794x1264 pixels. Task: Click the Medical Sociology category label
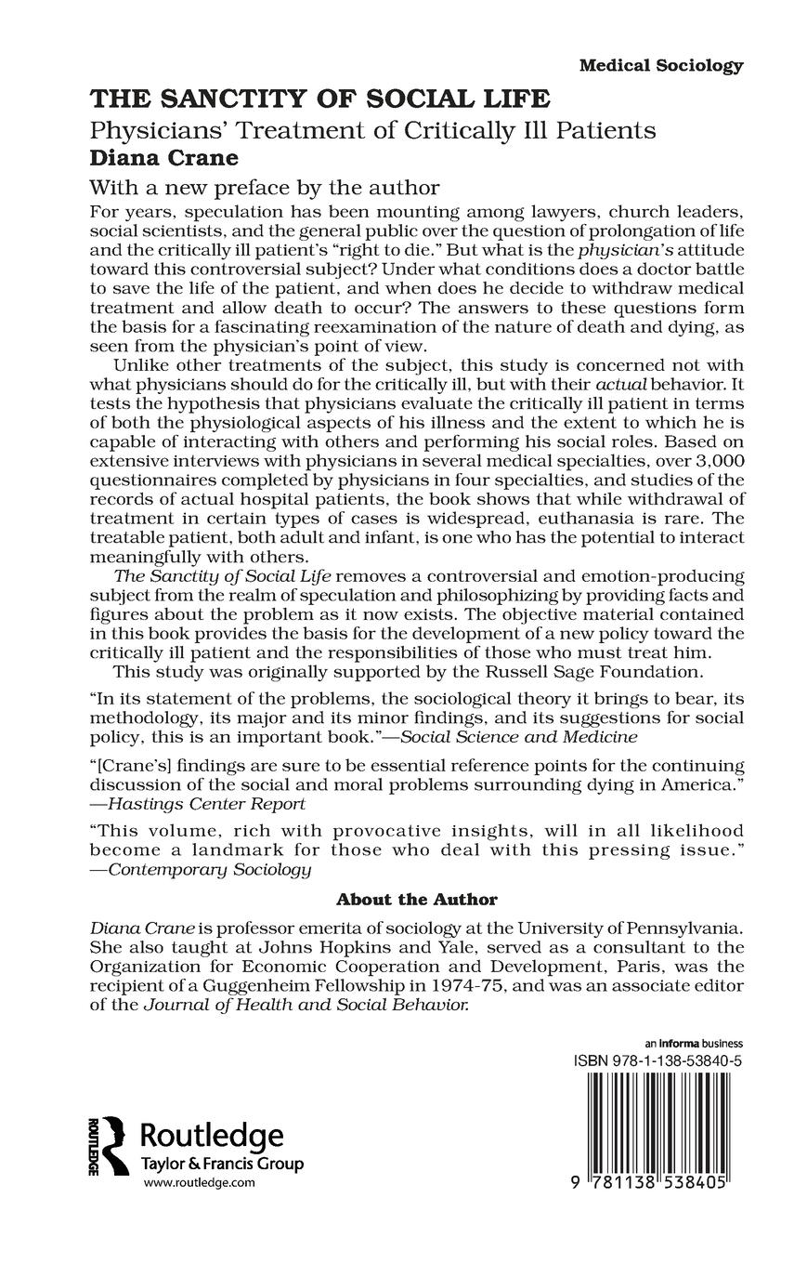pyautogui.click(x=660, y=66)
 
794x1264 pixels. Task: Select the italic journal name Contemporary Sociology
pyautogui.click(x=209, y=870)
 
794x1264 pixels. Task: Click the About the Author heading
pyautogui.click(x=416, y=900)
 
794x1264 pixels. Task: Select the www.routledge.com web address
pyautogui.click(x=199, y=1182)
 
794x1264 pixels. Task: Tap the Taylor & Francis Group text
pyautogui.click(x=221, y=1164)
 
